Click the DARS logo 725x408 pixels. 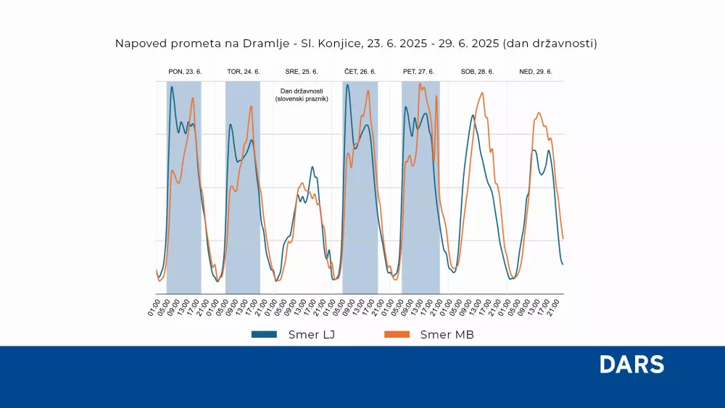[x=631, y=364]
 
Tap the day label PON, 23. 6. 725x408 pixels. [x=185, y=72]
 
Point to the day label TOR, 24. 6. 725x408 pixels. [x=244, y=72]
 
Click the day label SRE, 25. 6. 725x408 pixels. [x=302, y=72]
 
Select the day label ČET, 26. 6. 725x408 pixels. [x=360, y=72]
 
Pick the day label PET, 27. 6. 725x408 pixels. [x=419, y=72]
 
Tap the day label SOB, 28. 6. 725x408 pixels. [x=477, y=72]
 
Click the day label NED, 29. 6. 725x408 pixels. [x=536, y=72]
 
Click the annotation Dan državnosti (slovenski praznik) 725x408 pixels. [x=302, y=94]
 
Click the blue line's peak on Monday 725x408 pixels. [x=172, y=87]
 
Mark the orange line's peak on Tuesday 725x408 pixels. [x=251, y=107]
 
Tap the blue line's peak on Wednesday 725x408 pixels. [x=312, y=167]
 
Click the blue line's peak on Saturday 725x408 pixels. [x=473, y=115]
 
